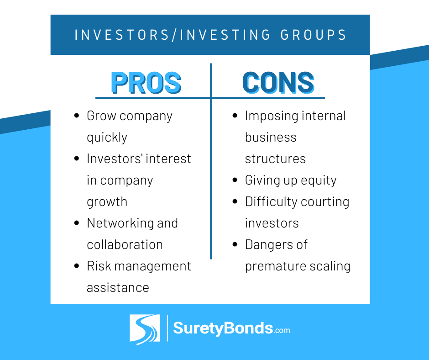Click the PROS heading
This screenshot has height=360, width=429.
pyautogui.click(x=146, y=83)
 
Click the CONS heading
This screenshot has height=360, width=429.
pyautogui.click(x=278, y=83)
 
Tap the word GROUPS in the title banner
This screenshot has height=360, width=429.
pyautogui.click(x=314, y=35)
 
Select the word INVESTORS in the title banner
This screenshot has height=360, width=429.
pyautogui.click(x=122, y=35)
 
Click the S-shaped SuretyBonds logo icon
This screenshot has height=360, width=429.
pyautogui.click(x=145, y=329)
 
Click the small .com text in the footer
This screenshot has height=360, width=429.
pyautogui.click(x=282, y=330)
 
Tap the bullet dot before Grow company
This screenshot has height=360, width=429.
pyautogui.click(x=77, y=116)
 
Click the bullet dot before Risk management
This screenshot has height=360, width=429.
pyautogui.click(x=77, y=266)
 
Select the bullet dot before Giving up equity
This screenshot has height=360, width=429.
pyautogui.click(x=235, y=180)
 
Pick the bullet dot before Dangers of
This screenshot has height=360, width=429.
pyautogui.click(x=235, y=244)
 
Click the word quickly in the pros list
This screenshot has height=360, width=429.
pyautogui.click(x=107, y=138)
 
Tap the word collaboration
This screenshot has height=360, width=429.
pyautogui.click(x=125, y=244)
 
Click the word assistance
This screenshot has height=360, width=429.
pyautogui.click(x=118, y=288)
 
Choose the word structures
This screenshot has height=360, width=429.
pyautogui.click(x=275, y=159)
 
